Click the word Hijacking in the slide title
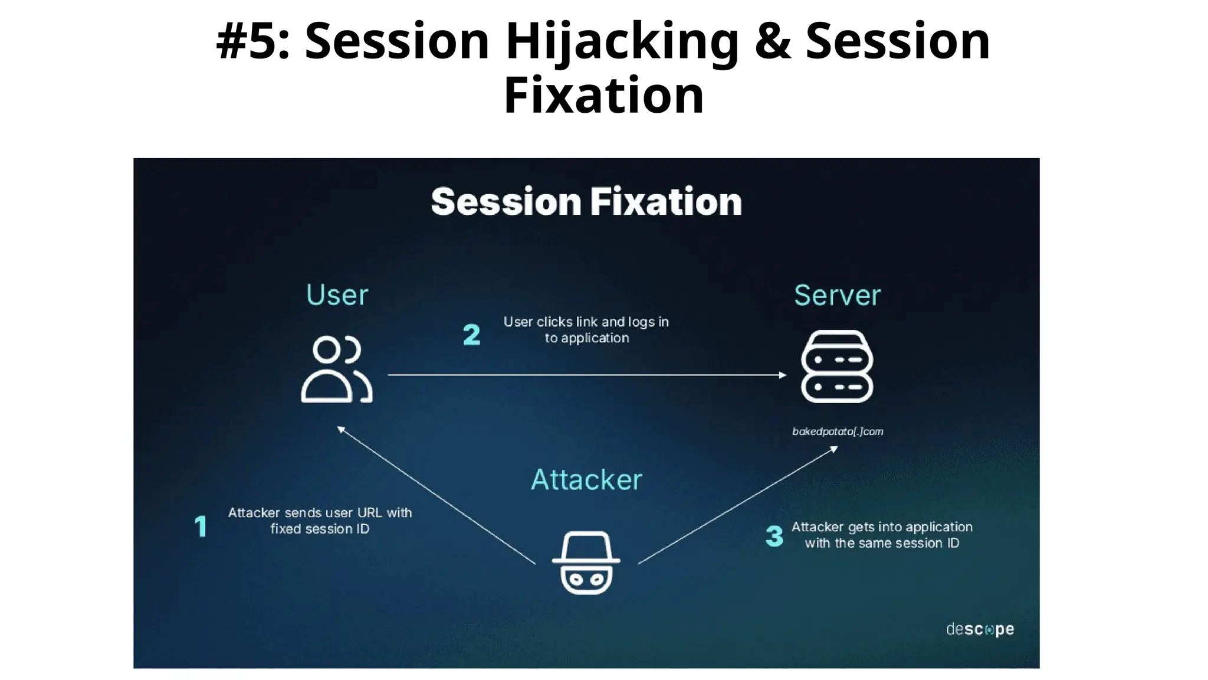coord(622,41)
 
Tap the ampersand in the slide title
coord(773,41)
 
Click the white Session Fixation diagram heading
coord(586,202)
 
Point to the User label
coord(337,295)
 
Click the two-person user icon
coord(336,370)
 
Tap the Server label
coord(837,295)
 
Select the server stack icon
coord(837,366)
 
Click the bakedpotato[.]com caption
coord(838,431)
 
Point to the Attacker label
coord(586,479)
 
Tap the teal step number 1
coord(201,526)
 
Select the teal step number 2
coord(471,335)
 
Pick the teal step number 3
coord(774,536)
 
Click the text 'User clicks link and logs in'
coord(586,322)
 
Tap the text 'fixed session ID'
coord(320,529)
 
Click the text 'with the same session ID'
coord(882,543)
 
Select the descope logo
coord(980,629)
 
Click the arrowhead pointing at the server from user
coord(783,375)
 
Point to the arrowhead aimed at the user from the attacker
coord(341,429)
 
